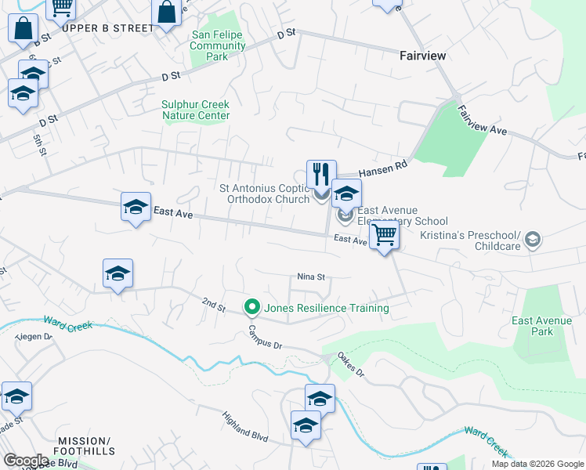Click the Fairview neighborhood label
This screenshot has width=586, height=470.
[x=422, y=56]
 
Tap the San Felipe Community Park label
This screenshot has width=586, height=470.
[x=218, y=45]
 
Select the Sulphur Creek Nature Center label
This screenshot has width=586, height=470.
[x=196, y=110]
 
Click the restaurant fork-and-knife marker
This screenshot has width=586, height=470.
[x=321, y=175]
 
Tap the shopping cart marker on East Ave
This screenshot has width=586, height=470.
[x=384, y=234]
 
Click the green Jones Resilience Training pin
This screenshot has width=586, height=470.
[x=252, y=307]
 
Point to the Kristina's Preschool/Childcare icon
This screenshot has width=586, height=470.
[x=533, y=239]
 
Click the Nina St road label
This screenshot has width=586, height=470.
[x=310, y=277]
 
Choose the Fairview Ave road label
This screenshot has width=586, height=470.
[x=483, y=122]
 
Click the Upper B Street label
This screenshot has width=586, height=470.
[x=108, y=28]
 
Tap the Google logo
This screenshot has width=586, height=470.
[x=26, y=461]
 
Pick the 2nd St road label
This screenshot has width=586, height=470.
[x=213, y=302]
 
